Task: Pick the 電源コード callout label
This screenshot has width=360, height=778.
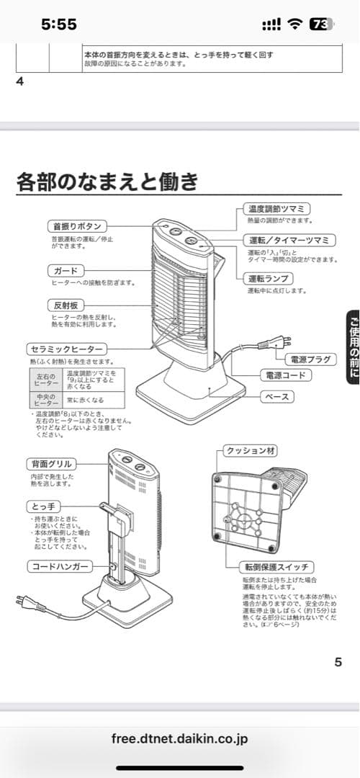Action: (x=285, y=375)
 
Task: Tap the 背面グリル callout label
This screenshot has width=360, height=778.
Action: (x=55, y=464)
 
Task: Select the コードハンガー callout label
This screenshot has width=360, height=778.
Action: (x=60, y=567)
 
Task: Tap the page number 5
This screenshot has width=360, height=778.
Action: (x=338, y=662)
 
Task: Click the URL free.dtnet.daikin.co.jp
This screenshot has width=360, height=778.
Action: (x=180, y=739)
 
